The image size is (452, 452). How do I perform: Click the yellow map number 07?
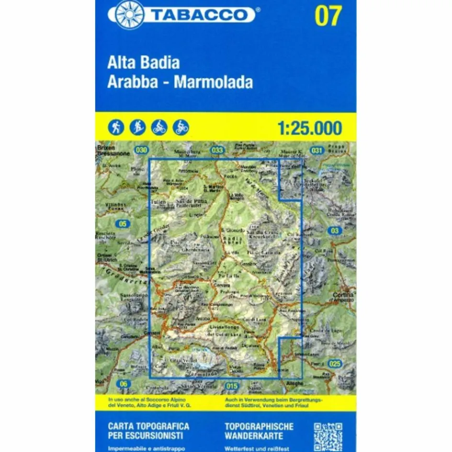(328, 15)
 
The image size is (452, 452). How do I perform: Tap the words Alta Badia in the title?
(144, 64)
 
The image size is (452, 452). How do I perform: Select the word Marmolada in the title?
(213, 82)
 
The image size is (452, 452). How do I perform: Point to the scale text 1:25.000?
(309, 128)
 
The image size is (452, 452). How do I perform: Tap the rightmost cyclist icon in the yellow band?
(181, 127)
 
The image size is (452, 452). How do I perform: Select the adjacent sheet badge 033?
(217, 150)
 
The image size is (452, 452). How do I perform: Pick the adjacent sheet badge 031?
(316, 150)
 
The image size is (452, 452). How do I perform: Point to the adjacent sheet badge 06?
(124, 383)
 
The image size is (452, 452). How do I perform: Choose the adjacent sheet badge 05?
(124, 224)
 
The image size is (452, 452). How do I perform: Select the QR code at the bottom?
(328, 436)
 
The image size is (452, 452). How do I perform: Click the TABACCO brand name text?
(203, 14)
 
